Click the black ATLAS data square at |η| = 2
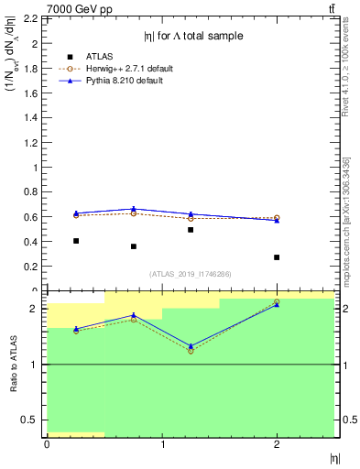point(277,257)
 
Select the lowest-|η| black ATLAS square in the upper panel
point(76,241)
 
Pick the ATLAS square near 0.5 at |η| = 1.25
point(191,230)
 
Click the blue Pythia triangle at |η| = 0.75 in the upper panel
point(134,209)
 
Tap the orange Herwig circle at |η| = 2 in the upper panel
point(277,218)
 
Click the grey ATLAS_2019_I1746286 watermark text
point(191,274)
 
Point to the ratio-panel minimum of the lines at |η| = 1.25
point(191,349)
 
